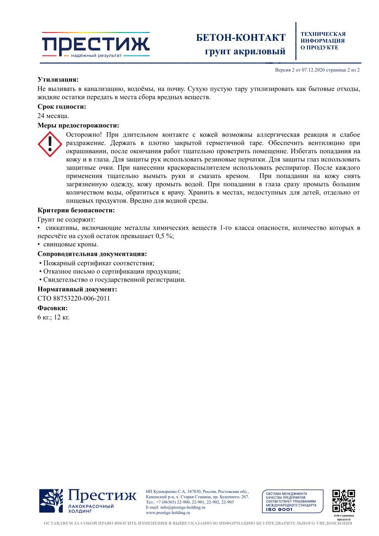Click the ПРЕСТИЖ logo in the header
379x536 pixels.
pyautogui.click(x=95, y=45)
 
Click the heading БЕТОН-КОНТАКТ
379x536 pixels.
pyautogui.click(x=241, y=38)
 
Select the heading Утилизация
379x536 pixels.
pyautogui.click(x=58, y=79)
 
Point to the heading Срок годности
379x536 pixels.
pyautogui.click(x=62, y=107)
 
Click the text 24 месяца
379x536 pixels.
pyautogui.click(x=53, y=116)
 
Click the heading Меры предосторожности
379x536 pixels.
pyautogui.click(x=78, y=125)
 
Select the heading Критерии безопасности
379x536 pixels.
pyautogui.click(x=76, y=210)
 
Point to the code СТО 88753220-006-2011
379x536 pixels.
pyautogui.click(x=73, y=298)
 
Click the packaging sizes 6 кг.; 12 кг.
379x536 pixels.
pyautogui.click(x=53, y=317)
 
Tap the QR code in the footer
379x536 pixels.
pyautogui.click(x=344, y=501)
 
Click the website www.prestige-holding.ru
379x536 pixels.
pyautogui.click(x=168, y=513)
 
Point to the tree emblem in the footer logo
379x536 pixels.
pyautogui.click(x=51, y=501)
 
